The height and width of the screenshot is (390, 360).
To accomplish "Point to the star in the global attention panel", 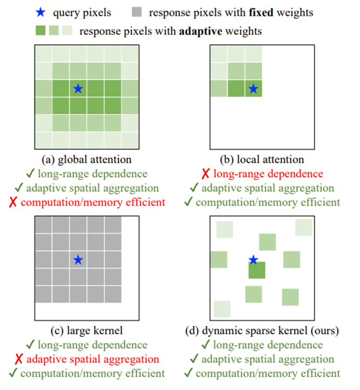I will point(78,88).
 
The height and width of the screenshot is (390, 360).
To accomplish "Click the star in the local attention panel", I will point(253,88).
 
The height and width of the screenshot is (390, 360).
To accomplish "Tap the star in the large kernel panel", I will point(78,260).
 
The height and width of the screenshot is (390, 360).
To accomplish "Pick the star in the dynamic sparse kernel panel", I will point(253,260).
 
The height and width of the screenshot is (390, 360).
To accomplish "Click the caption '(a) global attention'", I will point(86,160).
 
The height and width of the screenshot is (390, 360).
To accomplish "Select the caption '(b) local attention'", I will point(262,160).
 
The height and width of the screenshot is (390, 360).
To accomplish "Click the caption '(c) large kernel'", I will point(86,331).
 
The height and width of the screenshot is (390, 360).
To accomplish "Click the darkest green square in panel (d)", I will point(257,270).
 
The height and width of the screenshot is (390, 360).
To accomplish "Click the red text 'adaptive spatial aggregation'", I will point(93,359).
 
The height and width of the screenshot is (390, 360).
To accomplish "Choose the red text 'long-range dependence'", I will point(268,174).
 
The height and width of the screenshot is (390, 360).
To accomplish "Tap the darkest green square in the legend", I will point(41,32).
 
